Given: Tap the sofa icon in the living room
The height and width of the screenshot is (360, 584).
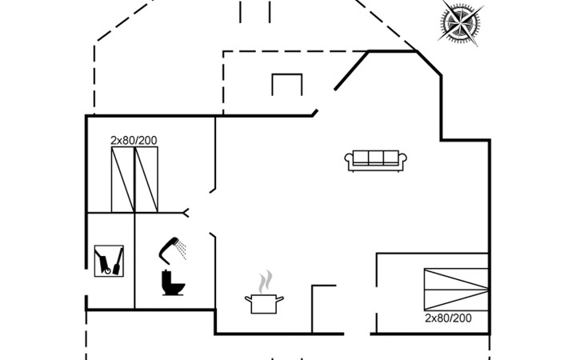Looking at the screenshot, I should (375, 160).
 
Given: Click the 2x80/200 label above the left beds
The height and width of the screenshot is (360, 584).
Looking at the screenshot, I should (134, 140).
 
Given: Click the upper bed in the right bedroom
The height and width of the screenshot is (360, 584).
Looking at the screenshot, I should (455, 279).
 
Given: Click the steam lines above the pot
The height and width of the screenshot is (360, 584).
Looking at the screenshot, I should (265, 281).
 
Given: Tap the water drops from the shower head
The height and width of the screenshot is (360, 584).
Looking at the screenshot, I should (182, 250).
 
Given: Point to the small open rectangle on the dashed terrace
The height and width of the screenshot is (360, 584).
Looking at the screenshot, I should (286, 84).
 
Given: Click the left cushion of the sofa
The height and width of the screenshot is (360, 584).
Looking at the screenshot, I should (359, 158).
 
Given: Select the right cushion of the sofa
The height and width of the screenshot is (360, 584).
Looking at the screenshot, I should (391, 158).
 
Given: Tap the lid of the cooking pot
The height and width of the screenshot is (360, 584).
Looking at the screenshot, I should (264, 296).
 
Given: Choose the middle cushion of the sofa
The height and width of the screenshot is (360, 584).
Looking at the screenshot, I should (375, 158).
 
